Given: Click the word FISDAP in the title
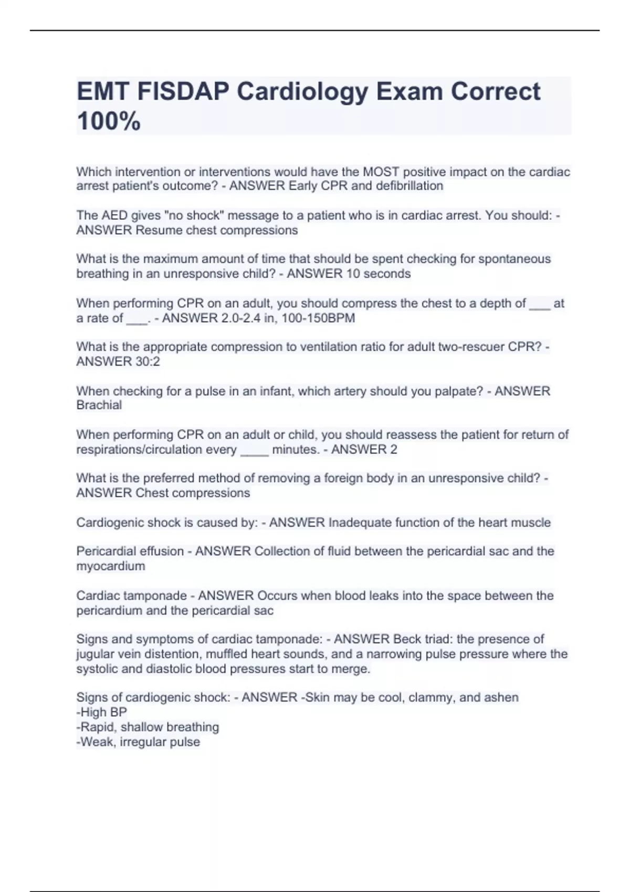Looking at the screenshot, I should tap(183, 91).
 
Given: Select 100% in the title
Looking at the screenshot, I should tap(109, 121).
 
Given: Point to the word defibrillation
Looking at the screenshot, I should tap(409, 186).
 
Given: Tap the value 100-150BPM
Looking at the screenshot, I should tap(318, 318).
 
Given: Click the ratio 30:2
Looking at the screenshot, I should tap(148, 362).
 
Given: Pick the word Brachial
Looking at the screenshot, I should tap(99, 405).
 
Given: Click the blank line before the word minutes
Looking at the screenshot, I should tap(254, 450).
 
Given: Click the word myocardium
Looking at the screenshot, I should tap(110, 566).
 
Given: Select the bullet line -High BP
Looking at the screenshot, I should tap(101, 712).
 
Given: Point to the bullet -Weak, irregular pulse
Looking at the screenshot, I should tap(138, 742).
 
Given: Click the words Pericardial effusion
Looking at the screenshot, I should tap(130, 551).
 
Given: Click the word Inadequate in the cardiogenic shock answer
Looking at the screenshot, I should tap(360, 523).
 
